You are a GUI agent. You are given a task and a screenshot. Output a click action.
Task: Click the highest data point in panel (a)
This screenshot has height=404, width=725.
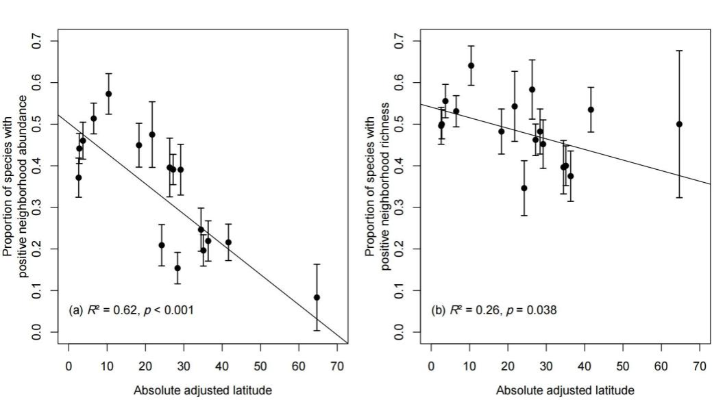(108, 94)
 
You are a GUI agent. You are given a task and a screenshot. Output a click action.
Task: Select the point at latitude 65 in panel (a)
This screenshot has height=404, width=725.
(317, 297)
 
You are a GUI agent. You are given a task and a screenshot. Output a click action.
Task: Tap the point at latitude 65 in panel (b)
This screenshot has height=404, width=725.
(679, 124)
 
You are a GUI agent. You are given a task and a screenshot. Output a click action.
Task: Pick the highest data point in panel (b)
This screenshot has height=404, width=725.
(471, 66)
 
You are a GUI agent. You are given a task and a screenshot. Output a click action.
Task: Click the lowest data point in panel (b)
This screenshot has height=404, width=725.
(524, 188)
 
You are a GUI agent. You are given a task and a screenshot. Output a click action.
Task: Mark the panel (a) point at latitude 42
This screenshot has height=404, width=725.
(228, 242)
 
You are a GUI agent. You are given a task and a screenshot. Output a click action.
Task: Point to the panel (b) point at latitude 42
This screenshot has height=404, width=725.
(591, 110)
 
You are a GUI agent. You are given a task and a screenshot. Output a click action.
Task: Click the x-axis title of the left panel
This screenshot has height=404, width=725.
(204, 391)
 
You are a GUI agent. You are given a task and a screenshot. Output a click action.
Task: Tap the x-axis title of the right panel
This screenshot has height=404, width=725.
(565, 391)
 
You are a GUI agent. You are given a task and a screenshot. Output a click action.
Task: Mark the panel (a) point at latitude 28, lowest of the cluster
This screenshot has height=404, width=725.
(177, 268)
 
